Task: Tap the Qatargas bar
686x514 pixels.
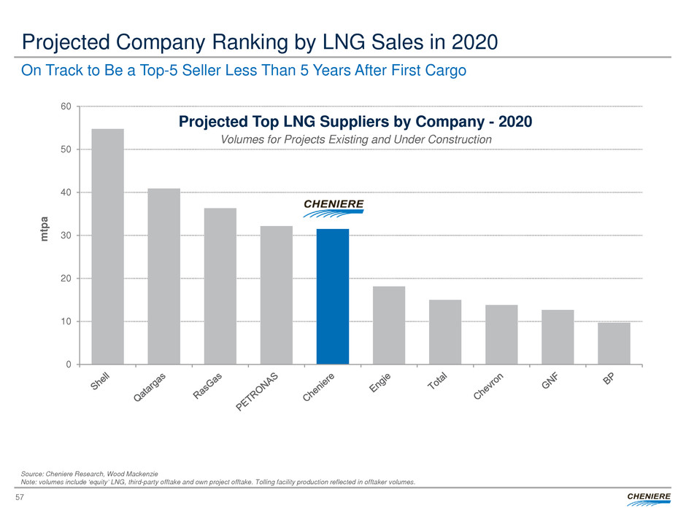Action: click(x=163, y=276)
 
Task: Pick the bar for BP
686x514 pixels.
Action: click(x=614, y=343)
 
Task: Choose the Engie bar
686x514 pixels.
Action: click(x=389, y=325)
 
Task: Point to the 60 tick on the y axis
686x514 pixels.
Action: click(x=66, y=106)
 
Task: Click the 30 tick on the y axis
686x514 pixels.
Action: click(x=66, y=235)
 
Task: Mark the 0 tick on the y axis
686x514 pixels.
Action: click(x=68, y=365)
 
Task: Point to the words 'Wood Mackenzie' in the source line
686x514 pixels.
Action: click(x=132, y=474)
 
